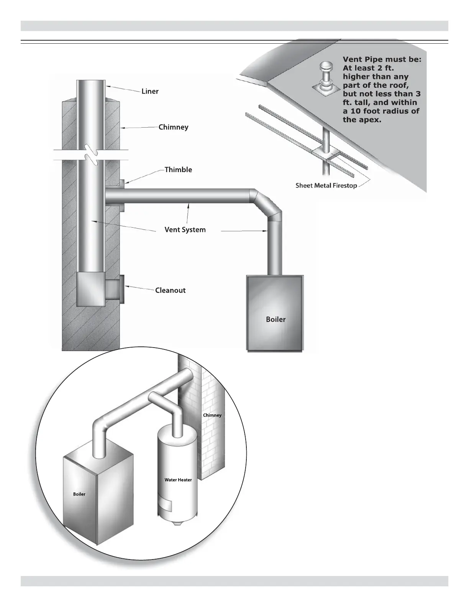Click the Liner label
pyautogui.click(x=150, y=92)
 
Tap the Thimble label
pyautogui.click(x=178, y=170)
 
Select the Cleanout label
pyautogui.click(x=170, y=290)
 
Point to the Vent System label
pyautogui.click(x=185, y=230)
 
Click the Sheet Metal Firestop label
pyautogui.click(x=326, y=186)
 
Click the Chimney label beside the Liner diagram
pyautogui.click(x=173, y=127)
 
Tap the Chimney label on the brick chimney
pyautogui.click(x=212, y=415)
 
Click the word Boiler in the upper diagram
pyautogui.click(x=275, y=319)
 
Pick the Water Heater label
pyautogui.click(x=178, y=480)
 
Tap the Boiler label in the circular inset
pyautogui.click(x=79, y=494)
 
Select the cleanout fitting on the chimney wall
pyautogui.click(x=115, y=290)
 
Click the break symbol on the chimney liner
pyautogui.click(x=91, y=154)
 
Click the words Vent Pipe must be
pyautogui.click(x=382, y=59)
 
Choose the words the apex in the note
pyautogui.click(x=359, y=120)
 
